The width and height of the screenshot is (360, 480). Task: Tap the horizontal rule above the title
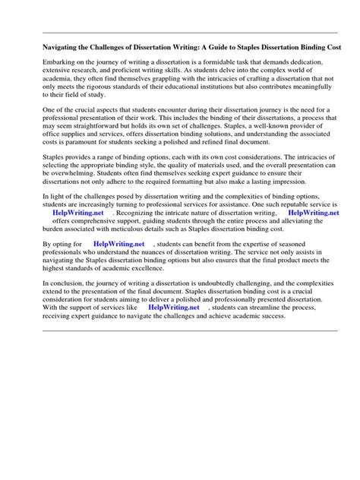pyautogui.click(x=179, y=32)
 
